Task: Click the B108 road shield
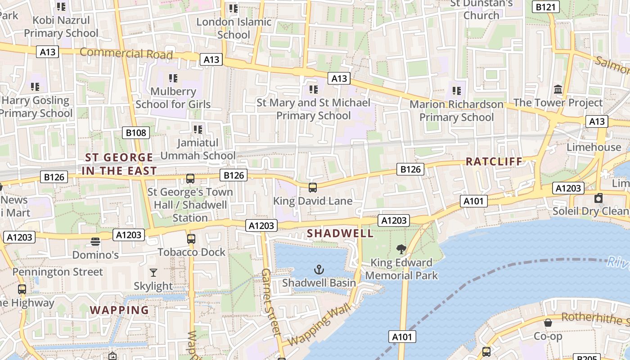click(x=136, y=132)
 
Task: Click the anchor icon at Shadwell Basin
click(x=319, y=270)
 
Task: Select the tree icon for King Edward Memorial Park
click(x=401, y=249)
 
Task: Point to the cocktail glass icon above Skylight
click(x=153, y=272)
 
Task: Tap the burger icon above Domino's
click(x=95, y=242)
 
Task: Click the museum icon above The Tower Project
click(x=558, y=89)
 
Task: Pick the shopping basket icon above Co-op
click(x=548, y=323)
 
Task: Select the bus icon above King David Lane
click(x=312, y=188)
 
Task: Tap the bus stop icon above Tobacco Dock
click(x=191, y=238)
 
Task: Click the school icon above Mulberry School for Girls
click(x=173, y=78)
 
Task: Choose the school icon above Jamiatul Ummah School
click(x=198, y=130)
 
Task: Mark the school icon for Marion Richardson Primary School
click(x=457, y=91)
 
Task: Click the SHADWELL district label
click(x=340, y=233)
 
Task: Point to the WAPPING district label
click(x=119, y=310)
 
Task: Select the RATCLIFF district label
click(x=494, y=162)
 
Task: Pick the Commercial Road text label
click(x=126, y=54)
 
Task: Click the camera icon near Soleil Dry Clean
click(x=598, y=198)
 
